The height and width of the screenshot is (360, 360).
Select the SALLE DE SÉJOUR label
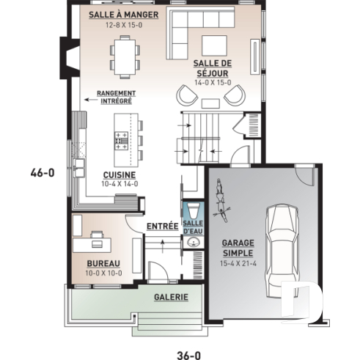coord(213,68)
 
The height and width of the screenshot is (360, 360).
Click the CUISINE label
coord(117,175)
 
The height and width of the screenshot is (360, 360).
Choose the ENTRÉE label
coord(162,226)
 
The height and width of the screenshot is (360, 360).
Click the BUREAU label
coord(103,262)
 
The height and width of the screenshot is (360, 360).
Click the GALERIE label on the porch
coord(170,297)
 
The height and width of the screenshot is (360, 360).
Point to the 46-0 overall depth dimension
coord(43,174)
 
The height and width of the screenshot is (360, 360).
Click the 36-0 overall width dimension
coord(188,355)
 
